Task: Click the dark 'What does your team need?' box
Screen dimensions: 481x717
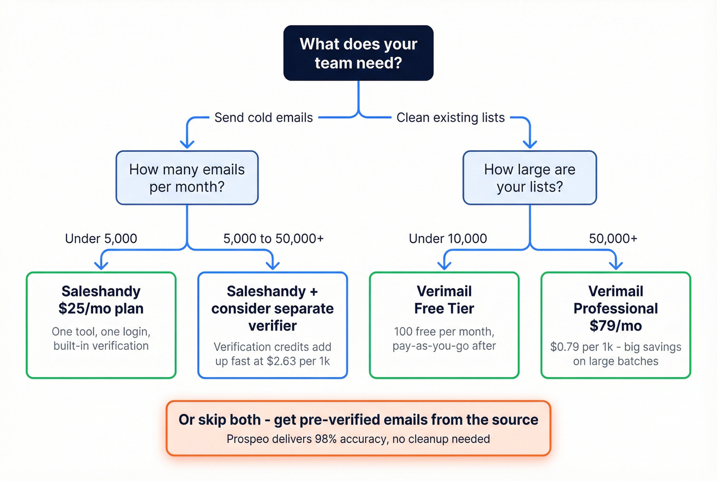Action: click(x=358, y=53)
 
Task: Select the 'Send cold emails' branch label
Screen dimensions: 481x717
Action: click(x=263, y=118)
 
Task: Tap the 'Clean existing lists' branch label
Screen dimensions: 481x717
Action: click(x=451, y=118)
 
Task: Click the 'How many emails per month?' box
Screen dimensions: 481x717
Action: click(x=187, y=178)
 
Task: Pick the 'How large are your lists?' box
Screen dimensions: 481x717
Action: click(x=530, y=178)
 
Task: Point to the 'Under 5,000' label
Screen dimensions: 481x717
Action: click(x=101, y=239)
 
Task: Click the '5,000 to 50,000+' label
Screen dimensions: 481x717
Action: click(x=273, y=239)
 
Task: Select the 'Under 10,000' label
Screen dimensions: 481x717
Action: click(x=448, y=239)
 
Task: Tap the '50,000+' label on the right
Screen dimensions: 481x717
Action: click(x=613, y=239)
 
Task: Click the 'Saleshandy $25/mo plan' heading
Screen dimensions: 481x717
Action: click(x=101, y=300)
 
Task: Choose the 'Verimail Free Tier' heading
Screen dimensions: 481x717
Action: click(x=444, y=300)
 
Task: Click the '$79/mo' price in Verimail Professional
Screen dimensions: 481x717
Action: click(x=616, y=326)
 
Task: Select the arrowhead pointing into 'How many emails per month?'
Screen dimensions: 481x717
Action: click(x=187, y=144)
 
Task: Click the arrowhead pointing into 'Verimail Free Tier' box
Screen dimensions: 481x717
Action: click(x=444, y=265)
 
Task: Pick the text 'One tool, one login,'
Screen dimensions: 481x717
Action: click(x=101, y=332)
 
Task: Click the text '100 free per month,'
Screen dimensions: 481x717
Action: click(x=444, y=332)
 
